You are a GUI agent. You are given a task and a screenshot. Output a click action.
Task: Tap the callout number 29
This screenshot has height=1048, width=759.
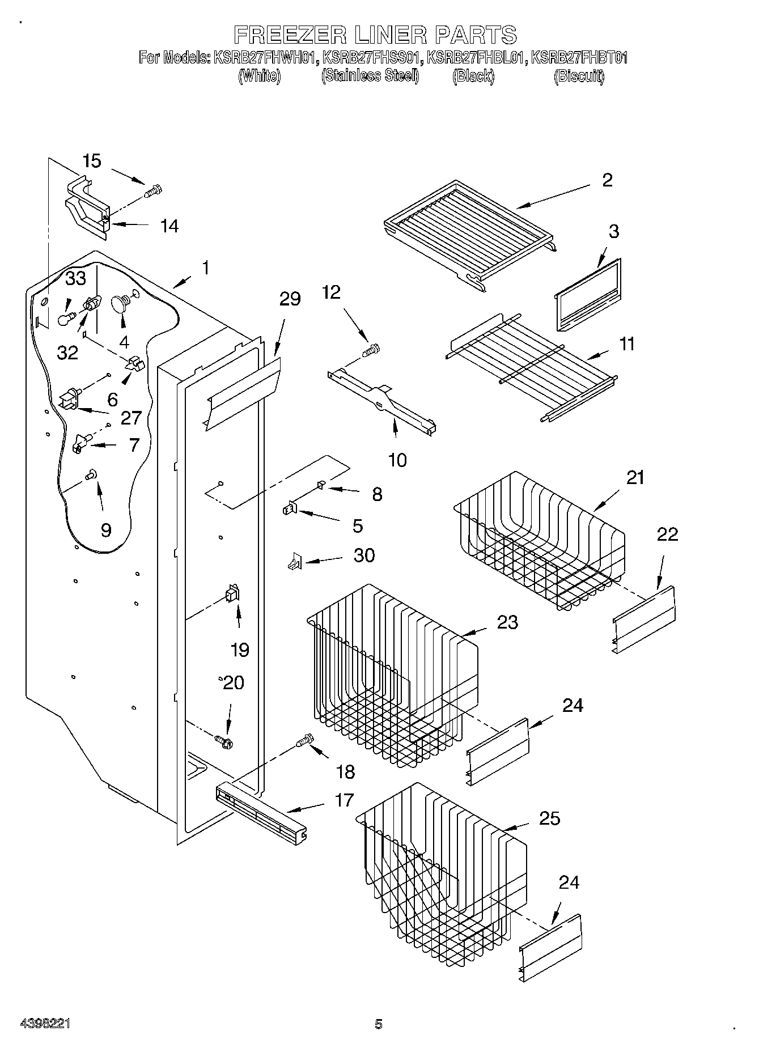tap(290, 299)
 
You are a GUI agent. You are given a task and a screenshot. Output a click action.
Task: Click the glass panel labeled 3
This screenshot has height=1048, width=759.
tap(587, 295)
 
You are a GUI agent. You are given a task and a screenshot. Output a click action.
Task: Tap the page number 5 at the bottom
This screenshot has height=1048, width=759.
tap(378, 1024)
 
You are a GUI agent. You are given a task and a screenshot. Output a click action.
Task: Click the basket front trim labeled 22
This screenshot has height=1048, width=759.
tap(644, 621)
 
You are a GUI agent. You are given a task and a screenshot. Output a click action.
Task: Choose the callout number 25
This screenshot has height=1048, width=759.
tap(549, 818)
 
